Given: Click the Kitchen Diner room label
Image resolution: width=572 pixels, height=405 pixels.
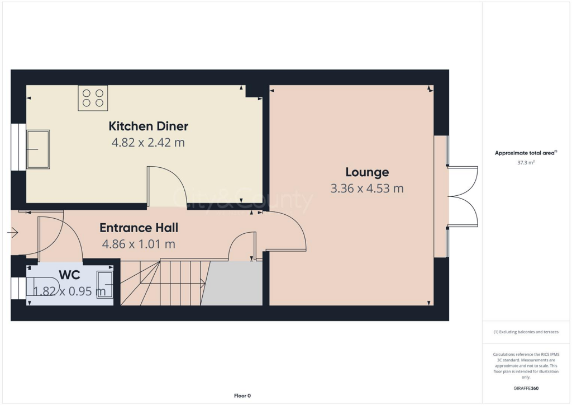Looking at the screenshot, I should point(148,126).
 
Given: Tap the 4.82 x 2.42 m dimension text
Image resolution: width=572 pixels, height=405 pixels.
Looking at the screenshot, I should point(148,143).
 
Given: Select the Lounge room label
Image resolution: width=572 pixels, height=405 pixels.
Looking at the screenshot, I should point(367,172).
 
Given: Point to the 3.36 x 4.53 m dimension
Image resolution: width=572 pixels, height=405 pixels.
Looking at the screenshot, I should point(367,189).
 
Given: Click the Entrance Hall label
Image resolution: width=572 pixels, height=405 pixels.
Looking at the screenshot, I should point(139,228).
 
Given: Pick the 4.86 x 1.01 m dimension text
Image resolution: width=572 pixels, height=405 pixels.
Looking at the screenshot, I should point(139,244).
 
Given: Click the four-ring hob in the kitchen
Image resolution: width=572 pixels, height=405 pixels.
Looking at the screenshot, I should point(93,98).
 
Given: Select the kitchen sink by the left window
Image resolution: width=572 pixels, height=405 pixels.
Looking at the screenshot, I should point(38,149).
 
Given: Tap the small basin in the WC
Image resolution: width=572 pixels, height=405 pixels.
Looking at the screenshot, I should point(104,285).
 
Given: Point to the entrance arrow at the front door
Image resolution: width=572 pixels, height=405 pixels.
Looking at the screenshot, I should point(13,232).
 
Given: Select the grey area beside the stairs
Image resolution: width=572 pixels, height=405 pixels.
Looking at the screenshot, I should point(231,284).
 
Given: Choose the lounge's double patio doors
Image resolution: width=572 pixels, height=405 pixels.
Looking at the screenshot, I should point(463,196).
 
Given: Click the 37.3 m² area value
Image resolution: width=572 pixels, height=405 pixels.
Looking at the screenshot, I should point(526,162).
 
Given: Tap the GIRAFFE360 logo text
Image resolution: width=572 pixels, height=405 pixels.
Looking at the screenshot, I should point(526,388).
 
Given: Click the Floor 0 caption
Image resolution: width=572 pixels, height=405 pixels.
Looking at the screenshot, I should point(242,396).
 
